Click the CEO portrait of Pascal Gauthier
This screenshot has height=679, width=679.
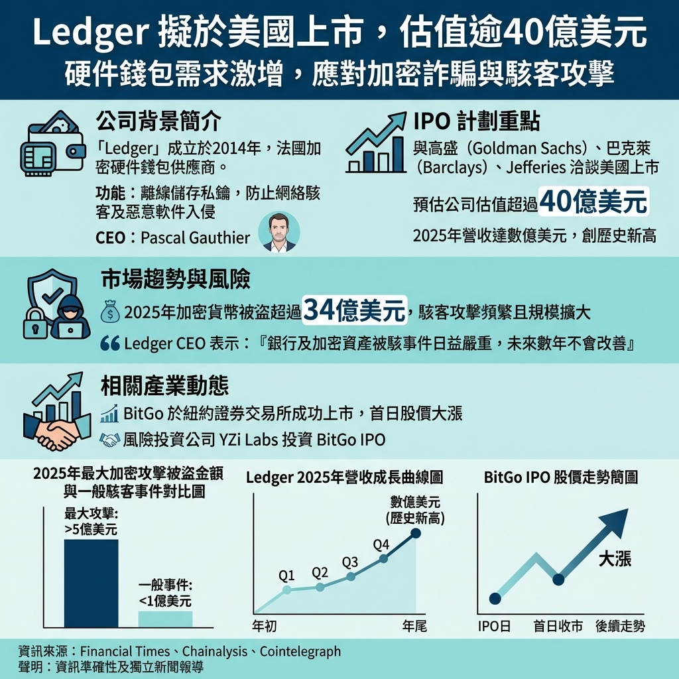point(279,232)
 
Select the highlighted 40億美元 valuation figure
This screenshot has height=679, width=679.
point(593,202)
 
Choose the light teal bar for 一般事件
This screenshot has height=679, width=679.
point(165,619)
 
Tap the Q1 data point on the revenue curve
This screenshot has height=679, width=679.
point(286,590)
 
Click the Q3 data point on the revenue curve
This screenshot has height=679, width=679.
point(351,577)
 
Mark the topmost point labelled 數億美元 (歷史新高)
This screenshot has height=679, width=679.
point(416,532)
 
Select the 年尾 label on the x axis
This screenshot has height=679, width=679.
point(414,627)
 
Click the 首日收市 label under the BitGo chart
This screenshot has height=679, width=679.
point(558,627)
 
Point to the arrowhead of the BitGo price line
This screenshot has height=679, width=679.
point(617,520)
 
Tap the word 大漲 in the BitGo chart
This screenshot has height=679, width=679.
point(615,559)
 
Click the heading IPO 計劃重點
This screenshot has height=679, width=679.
point(476,121)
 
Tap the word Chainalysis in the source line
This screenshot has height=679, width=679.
point(215,651)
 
